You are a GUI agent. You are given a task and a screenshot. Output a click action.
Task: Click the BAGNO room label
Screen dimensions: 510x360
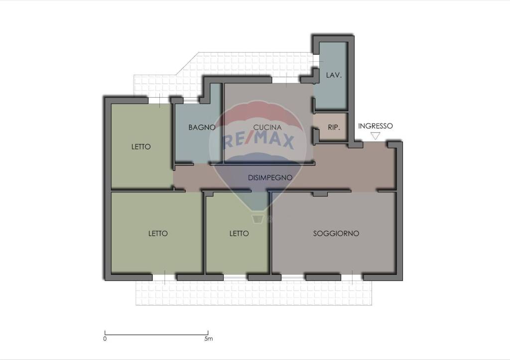tap(202, 127)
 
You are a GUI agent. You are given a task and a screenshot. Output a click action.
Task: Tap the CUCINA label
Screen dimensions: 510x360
tap(267, 127)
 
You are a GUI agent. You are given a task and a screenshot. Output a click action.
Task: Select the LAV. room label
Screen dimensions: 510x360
tap(334, 76)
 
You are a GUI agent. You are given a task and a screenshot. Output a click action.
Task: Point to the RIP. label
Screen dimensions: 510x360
tap(334, 127)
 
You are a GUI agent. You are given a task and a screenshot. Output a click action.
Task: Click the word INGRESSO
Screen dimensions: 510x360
tap(376, 126)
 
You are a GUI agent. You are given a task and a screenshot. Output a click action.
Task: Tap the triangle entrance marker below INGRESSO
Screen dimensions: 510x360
tap(376, 136)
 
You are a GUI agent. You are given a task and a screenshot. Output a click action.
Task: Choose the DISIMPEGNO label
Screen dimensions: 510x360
tap(270, 178)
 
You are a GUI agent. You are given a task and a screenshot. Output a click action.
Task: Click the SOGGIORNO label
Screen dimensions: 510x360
tap(336, 234)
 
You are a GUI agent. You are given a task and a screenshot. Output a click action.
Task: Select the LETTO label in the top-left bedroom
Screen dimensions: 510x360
tap(141, 147)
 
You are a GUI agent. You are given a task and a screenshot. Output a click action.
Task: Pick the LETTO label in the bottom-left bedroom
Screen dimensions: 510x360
tap(158, 234)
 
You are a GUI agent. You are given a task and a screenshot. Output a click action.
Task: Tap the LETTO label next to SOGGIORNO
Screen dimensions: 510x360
tap(239, 234)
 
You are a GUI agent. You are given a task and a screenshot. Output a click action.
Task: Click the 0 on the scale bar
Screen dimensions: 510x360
tap(105, 339)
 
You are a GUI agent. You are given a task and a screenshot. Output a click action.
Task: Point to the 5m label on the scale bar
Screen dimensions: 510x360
tap(209, 339)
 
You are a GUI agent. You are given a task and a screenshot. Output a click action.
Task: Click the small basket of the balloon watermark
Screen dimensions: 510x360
tap(257, 219)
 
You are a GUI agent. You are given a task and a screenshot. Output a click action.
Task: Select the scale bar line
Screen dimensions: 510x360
tap(156, 334)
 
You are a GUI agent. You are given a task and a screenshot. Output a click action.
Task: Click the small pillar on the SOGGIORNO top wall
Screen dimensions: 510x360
tap(320, 194)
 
